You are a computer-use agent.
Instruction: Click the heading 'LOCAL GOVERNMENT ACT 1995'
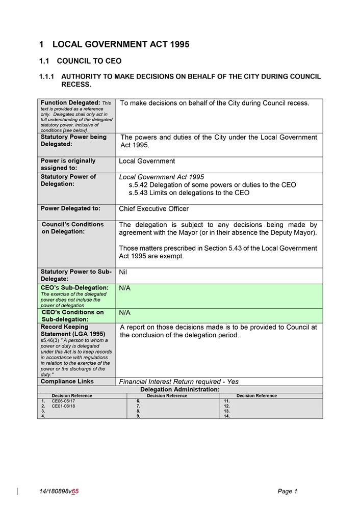click(x=121, y=44)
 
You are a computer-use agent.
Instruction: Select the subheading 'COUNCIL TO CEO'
click(x=89, y=61)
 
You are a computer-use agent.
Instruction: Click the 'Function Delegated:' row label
click(x=70, y=103)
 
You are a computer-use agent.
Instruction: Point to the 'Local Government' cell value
click(x=147, y=161)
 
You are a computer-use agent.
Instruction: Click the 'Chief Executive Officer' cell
click(x=153, y=208)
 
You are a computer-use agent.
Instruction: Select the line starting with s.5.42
click(x=212, y=185)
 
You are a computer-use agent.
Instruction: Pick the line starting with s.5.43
click(x=189, y=193)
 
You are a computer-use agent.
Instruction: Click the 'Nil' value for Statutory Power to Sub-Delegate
click(x=123, y=272)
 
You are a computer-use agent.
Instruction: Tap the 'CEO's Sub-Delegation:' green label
click(x=74, y=288)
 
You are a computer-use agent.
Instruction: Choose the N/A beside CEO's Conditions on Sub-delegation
click(x=124, y=312)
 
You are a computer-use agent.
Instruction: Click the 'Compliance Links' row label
click(x=67, y=381)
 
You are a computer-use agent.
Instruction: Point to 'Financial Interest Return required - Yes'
click(x=178, y=382)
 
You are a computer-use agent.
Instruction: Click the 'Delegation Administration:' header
click(x=179, y=389)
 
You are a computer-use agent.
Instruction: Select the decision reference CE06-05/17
click(x=63, y=401)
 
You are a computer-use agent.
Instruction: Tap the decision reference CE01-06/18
click(x=63, y=406)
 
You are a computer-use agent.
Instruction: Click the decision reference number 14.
click(x=227, y=416)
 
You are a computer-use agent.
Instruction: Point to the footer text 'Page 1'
click(x=287, y=491)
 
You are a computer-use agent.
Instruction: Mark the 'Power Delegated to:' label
click(x=70, y=208)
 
